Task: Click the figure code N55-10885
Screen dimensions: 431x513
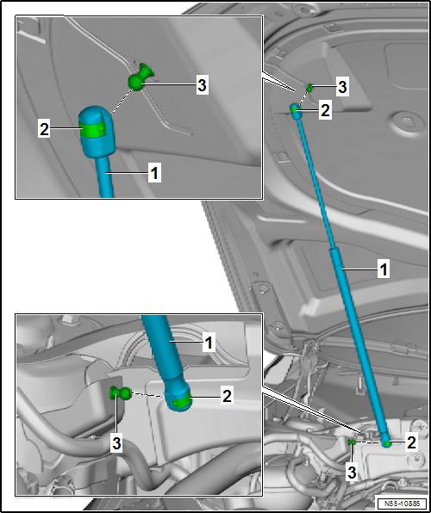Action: (402, 504)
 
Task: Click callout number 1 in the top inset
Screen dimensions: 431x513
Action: (154, 173)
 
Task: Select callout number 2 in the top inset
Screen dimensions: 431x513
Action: (44, 129)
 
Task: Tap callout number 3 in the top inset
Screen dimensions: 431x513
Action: (203, 86)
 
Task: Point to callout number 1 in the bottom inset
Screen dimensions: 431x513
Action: (209, 343)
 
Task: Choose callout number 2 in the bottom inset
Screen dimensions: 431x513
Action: (227, 396)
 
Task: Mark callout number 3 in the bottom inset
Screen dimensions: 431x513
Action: (116, 444)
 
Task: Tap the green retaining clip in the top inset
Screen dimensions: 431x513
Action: (93, 129)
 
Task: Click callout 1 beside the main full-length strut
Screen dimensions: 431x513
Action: (383, 269)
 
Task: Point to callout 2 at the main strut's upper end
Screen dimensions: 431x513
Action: (326, 110)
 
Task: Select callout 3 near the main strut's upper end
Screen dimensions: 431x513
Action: (342, 88)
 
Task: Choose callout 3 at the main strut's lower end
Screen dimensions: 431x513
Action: (352, 473)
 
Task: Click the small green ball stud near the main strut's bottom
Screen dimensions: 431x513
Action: (352, 442)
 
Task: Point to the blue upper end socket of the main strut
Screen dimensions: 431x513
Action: (295, 109)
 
